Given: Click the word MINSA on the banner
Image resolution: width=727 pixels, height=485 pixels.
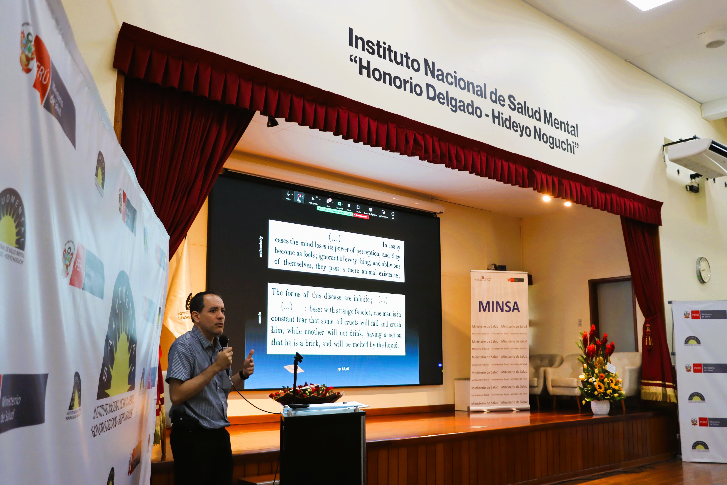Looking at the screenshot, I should pos(499,306).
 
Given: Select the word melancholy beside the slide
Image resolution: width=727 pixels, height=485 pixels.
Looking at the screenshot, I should pos(261,247).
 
